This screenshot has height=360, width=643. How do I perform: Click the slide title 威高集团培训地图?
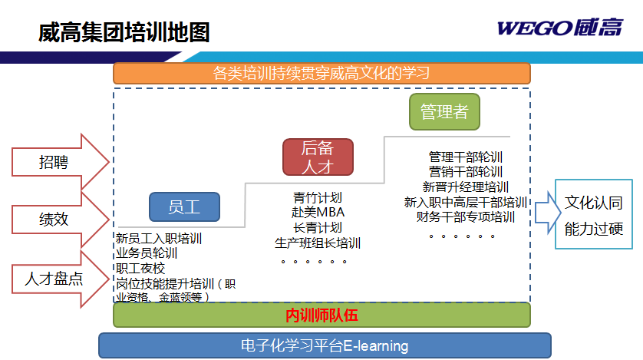click(x=124, y=33)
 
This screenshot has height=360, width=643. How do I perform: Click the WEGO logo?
click(x=560, y=28)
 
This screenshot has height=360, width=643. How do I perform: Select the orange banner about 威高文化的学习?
click(x=321, y=74)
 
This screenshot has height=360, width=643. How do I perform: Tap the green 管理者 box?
click(x=444, y=111)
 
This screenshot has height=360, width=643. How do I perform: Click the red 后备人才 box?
click(x=318, y=157)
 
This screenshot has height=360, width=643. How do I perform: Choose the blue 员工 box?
click(x=184, y=207)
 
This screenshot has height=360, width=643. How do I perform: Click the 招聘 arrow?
click(x=61, y=162)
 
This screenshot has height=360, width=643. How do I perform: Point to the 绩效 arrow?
click(x=61, y=220)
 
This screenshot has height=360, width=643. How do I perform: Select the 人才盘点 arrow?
click(x=61, y=279)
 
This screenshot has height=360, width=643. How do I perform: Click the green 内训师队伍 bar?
click(x=321, y=315)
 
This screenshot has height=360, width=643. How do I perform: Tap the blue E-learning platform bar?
click(x=325, y=345)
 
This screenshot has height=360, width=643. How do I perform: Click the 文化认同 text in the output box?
click(x=593, y=203)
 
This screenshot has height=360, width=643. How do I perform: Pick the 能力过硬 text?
click(x=593, y=229)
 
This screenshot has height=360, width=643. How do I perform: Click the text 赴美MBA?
click(x=318, y=213)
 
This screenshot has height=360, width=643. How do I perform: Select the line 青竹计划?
click(x=318, y=197)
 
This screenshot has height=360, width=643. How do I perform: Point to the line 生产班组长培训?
click(x=318, y=243)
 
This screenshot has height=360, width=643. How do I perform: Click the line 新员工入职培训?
click(x=159, y=238)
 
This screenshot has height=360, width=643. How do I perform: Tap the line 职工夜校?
click(x=140, y=268)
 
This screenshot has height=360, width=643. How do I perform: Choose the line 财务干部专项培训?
click(x=466, y=216)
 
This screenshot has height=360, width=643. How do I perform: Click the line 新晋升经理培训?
click(x=466, y=187)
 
